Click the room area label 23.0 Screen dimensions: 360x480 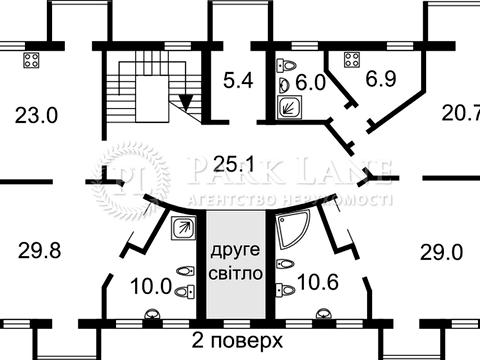click(37, 115)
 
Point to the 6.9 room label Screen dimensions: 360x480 click(380, 77)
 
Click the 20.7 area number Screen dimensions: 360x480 click(460, 115)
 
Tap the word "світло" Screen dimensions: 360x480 click(235, 272)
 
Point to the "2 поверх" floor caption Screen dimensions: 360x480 click(235, 339)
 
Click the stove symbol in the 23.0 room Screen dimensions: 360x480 click(31, 59)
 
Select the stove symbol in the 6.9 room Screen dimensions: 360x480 click(351, 59)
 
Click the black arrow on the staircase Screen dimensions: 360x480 click(185, 101)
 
